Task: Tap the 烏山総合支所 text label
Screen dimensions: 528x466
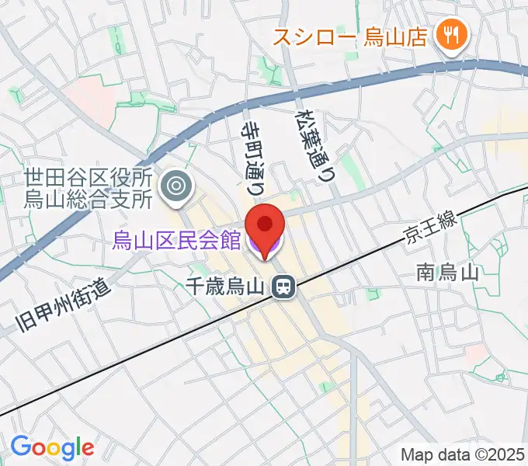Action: [89, 200]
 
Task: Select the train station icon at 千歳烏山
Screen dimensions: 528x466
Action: [283, 288]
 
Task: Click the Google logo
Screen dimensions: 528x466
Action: [52, 447]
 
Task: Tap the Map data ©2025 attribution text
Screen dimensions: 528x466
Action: [463, 455]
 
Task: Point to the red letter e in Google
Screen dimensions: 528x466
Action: [87, 449]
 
